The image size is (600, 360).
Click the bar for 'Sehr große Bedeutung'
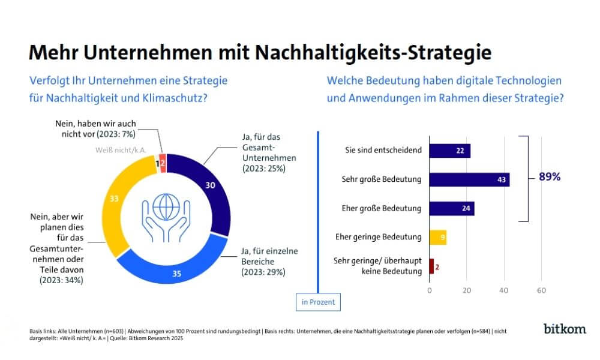(469, 179)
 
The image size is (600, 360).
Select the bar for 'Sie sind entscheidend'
(449, 150)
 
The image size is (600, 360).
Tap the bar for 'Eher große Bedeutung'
(452, 209)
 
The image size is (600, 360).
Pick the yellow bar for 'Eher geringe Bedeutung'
(437, 237)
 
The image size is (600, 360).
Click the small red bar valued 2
(431, 266)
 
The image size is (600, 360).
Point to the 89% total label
(550, 177)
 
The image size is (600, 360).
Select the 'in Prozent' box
(318, 302)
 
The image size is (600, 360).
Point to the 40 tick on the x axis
(504, 290)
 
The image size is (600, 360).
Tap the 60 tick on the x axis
(541, 290)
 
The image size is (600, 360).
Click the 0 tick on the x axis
(430, 290)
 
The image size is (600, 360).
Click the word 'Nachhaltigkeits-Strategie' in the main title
(373, 53)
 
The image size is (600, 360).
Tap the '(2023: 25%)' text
(263, 169)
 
